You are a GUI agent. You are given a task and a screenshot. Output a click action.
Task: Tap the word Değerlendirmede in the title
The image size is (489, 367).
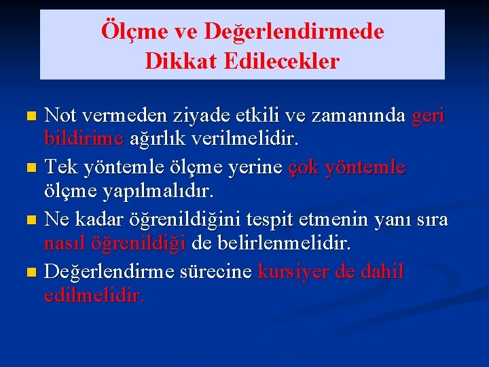point(293,31)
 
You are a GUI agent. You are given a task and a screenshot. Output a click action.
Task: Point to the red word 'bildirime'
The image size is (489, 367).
point(83,139)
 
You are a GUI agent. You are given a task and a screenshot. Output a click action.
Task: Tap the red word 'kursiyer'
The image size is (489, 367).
point(295,272)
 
